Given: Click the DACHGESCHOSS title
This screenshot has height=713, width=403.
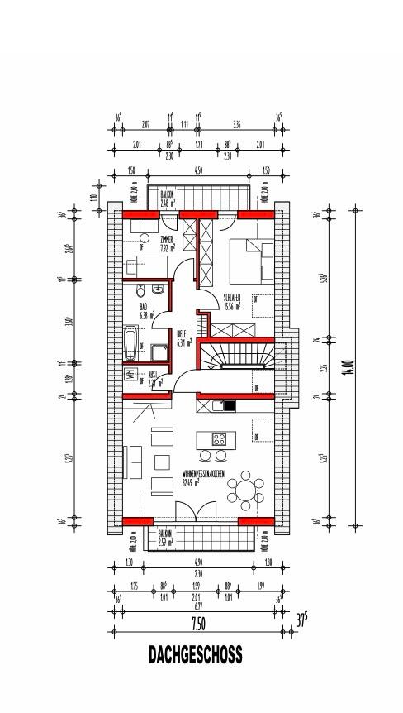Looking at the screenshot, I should pyautogui.click(x=196, y=655).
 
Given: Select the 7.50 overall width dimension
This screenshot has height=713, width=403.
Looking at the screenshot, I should pyautogui.click(x=199, y=621).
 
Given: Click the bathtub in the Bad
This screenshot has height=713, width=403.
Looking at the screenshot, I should pyautogui.click(x=130, y=342).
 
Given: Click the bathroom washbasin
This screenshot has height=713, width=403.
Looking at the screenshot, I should pyautogui.click(x=158, y=290).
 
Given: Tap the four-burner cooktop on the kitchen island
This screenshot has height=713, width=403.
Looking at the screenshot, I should pyautogui.click(x=220, y=439).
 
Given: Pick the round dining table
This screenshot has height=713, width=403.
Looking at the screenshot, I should pyautogui.click(x=244, y=490).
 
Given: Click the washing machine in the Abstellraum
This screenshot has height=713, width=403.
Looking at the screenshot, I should pyautogui.click(x=131, y=375).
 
